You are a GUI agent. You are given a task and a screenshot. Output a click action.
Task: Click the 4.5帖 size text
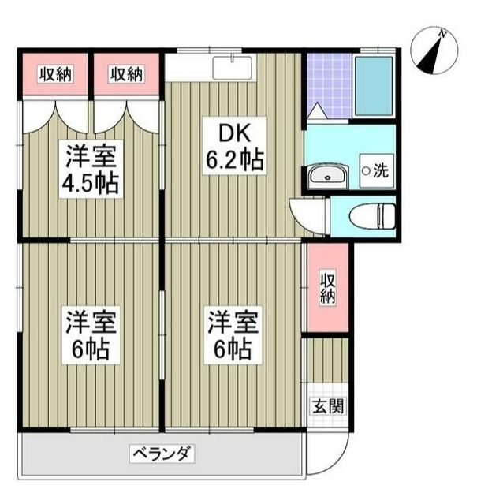click(91, 183)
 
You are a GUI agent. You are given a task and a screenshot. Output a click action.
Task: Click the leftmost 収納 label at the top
click(55, 74)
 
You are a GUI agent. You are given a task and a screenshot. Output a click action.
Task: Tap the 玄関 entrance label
click(326, 408)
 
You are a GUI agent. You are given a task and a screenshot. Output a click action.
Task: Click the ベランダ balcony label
click(162, 454)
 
